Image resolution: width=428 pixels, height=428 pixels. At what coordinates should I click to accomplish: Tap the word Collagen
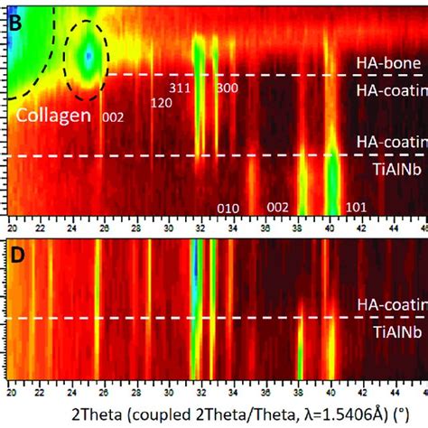pyautogui.click(x=52, y=116)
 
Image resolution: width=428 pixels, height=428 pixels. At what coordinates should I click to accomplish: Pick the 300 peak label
pyautogui.click(x=226, y=88)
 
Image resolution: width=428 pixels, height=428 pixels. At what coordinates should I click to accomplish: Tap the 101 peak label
pyautogui.click(x=356, y=208)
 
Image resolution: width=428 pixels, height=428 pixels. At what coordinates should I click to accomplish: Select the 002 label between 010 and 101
pyautogui.click(x=277, y=208)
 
